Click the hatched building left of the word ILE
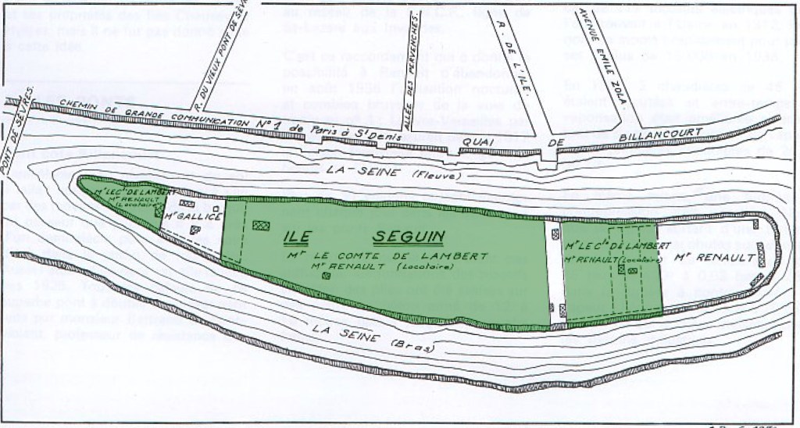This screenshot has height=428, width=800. coord(259,223)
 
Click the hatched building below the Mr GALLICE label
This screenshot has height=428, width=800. coord(194,230)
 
